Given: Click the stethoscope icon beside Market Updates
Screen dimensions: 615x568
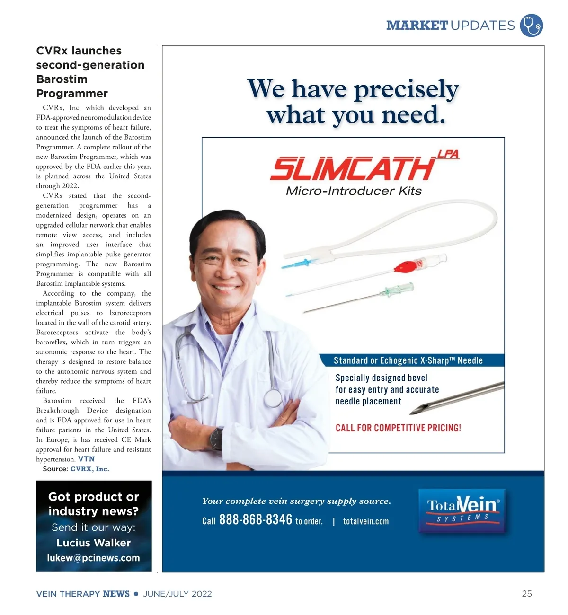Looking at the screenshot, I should click(531, 26).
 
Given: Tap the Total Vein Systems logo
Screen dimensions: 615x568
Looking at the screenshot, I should click(462, 510).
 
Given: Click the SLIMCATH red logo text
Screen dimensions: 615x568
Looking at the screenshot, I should click(353, 169).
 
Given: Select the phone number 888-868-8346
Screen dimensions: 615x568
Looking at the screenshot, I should click(256, 519).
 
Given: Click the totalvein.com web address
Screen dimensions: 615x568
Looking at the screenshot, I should click(366, 521).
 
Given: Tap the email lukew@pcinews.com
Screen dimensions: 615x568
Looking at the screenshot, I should click(94, 558).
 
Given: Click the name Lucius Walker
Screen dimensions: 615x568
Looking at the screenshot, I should click(94, 543).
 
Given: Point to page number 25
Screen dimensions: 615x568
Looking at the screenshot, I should click(527, 593).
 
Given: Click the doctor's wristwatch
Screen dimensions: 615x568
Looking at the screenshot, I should click(216, 439).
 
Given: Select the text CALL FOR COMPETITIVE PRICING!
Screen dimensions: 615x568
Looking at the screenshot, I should click(398, 428).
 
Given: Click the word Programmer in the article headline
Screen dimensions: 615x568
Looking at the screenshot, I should click(72, 93).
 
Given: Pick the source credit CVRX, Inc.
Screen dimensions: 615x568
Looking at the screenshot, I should click(90, 469).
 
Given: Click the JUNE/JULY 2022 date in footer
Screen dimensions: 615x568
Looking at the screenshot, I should click(177, 594).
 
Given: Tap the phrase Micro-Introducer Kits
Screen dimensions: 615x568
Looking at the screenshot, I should click(354, 191).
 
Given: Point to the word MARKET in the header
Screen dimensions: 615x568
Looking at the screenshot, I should click(417, 25).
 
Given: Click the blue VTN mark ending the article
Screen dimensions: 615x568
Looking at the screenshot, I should click(86, 459).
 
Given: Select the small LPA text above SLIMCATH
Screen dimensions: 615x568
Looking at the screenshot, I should click(448, 154).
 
